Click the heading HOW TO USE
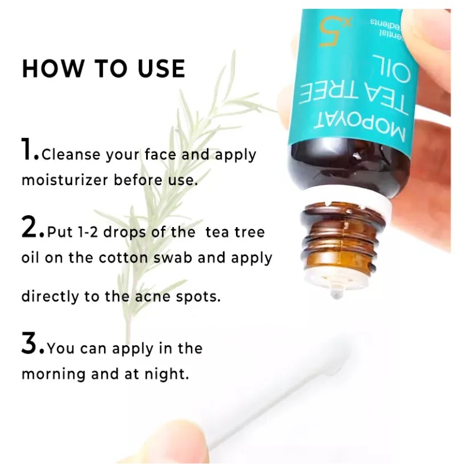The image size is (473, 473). [x=103, y=68]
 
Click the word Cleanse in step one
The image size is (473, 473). [x=72, y=155]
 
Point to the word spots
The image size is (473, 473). [x=197, y=297]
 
